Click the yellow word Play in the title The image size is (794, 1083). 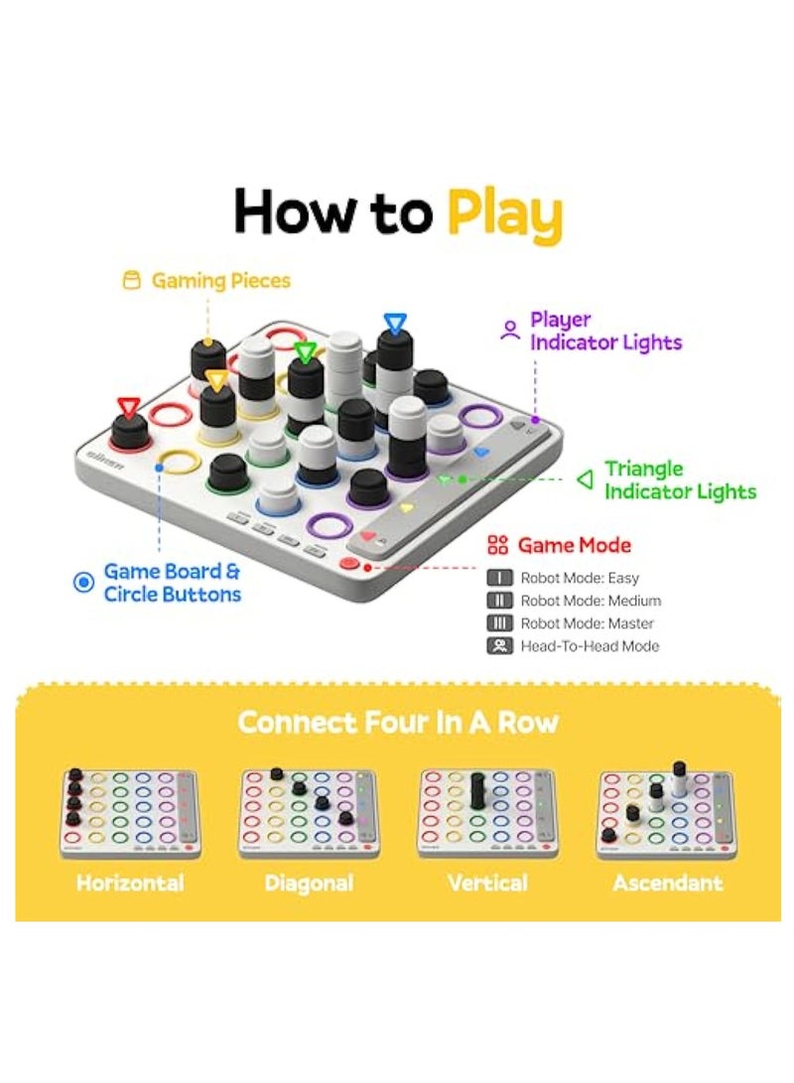503,213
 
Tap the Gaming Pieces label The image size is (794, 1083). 220,281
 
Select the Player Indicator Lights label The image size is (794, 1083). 605,332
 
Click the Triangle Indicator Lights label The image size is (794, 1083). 680,479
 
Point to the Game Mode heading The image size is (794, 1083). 574,545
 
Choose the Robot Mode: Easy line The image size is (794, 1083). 580,578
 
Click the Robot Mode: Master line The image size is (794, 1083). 587,623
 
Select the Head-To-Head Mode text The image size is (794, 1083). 589,646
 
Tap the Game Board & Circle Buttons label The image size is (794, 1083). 173,583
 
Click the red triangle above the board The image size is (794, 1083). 127,406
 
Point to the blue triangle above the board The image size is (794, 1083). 395,323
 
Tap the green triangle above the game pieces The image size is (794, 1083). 306,351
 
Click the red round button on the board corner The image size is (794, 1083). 349,564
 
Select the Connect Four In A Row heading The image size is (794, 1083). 397,722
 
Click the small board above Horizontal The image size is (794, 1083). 129,812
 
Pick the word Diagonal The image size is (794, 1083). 309,882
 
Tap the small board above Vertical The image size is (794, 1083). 486,812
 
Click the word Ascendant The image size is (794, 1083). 668,882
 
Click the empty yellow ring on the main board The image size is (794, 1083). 177,461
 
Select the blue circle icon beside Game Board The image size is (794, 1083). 84,583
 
